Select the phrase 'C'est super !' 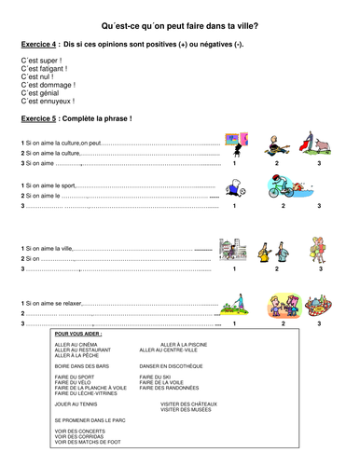[x=40, y=62]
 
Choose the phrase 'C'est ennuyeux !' [x=48, y=102]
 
